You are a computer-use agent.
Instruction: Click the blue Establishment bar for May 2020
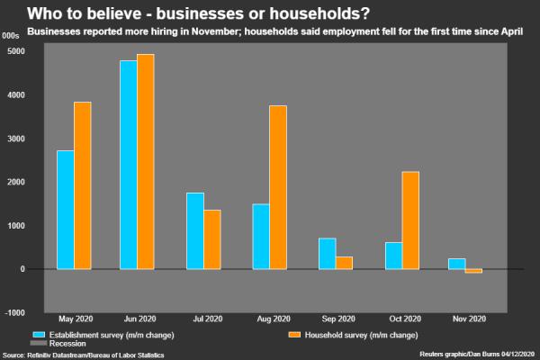pyautogui.click(x=65, y=209)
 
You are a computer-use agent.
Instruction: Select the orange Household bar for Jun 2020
pyautogui.click(x=146, y=161)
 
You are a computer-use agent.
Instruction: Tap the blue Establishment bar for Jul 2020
pyautogui.click(x=195, y=230)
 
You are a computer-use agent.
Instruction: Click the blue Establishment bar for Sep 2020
pyautogui.click(x=327, y=253)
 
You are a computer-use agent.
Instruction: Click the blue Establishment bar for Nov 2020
pyautogui.click(x=458, y=264)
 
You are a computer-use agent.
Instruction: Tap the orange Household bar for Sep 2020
pyautogui.click(x=344, y=263)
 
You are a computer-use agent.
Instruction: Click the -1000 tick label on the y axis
pyautogui.click(x=14, y=312)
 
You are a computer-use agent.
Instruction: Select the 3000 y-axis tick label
pyautogui.click(x=15, y=139)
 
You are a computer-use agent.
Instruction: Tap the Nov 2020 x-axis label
pyautogui.click(x=467, y=319)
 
